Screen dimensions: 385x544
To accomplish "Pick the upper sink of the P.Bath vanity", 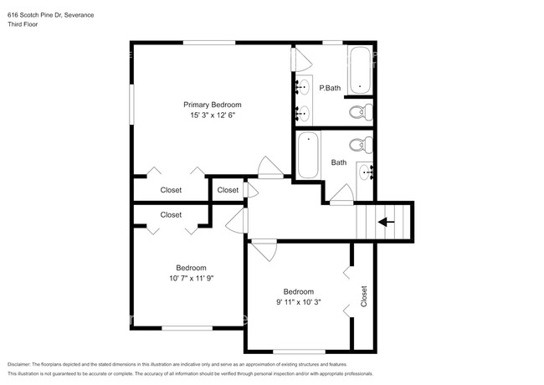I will coord(304,86).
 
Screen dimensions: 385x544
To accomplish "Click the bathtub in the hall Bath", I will coord(307,156).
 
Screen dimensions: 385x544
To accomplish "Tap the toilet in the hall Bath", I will coord(361,145).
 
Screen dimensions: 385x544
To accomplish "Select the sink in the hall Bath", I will coord(366,172).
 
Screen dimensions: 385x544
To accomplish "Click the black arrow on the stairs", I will coord(386,222).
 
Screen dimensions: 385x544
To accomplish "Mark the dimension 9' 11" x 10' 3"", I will coord(299,302).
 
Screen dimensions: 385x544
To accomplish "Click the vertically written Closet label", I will coord(364,296).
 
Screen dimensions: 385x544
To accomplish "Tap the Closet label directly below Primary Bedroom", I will coord(171,190).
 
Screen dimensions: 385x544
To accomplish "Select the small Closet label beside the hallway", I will coord(228,190).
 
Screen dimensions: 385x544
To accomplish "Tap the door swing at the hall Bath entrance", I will coord(340,198).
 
